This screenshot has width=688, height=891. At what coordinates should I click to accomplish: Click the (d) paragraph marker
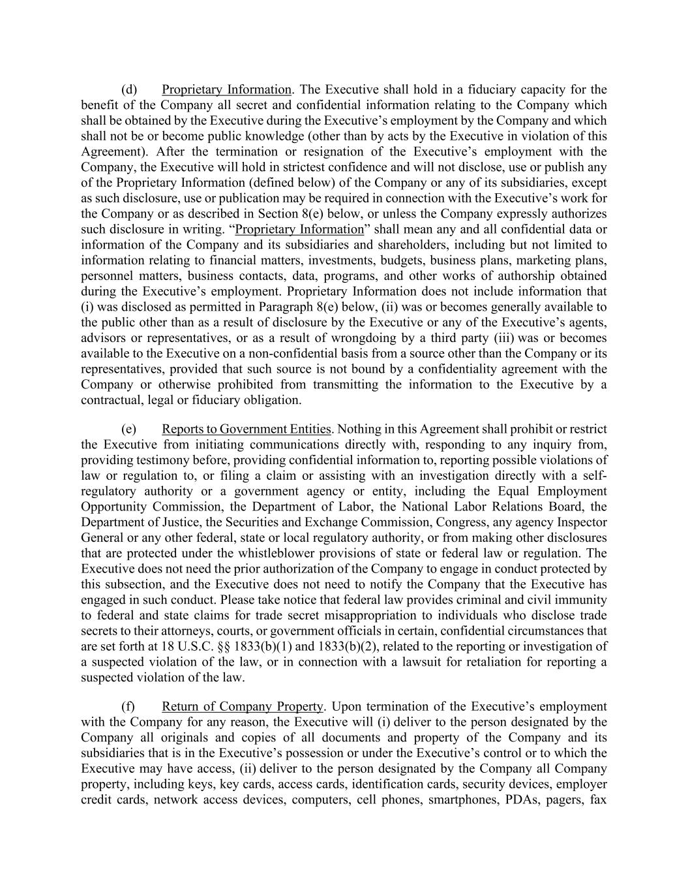(x=129, y=89)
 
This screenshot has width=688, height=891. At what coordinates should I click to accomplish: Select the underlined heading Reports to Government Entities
(x=246, y=429)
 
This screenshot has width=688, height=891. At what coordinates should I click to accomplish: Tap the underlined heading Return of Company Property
(x=242, y=706)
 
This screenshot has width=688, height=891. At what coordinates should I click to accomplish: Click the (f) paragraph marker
(x=128, y=706)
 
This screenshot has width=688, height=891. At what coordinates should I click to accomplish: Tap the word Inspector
(x=582, y=522)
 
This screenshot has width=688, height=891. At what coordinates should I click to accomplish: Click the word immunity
(x=582, y=600)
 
